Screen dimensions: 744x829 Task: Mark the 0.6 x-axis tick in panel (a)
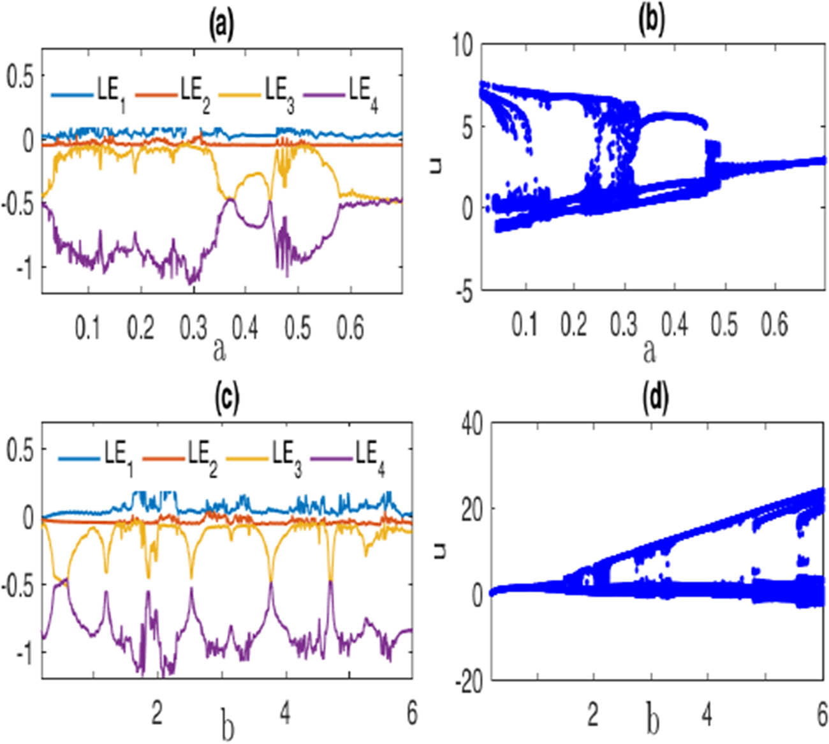click(349, 329)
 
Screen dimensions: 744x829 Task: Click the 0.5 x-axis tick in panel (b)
click(724, 325)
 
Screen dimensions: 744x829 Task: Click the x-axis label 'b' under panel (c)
click(227, 729)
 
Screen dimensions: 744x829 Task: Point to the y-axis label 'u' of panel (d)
click(439, 550)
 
